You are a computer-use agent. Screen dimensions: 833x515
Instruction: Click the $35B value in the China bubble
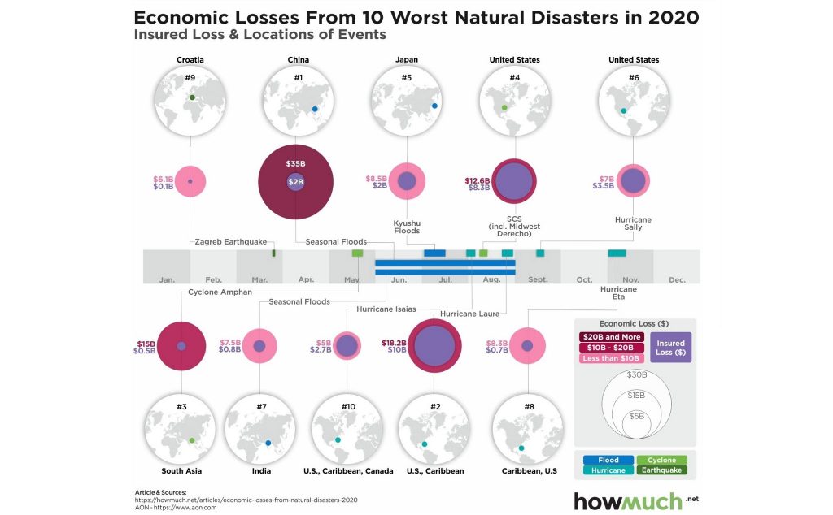[x=295, y=164]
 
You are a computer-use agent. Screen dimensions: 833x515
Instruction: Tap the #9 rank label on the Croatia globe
[x=190, y=77]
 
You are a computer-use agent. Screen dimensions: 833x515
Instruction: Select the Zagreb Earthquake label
[x=230, y=242]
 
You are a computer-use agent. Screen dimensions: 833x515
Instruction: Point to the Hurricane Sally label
[x=633, y=223]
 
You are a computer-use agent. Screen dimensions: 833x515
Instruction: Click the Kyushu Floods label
[x=407, y=227]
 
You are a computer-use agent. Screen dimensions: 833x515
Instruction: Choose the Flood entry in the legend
[x=608, y=460]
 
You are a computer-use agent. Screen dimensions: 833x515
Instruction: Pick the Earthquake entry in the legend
[x=661, y=470]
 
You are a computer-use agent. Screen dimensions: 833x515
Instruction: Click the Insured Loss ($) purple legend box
[x=670, y=348]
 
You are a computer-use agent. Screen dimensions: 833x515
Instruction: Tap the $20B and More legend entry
[x=612, y=337]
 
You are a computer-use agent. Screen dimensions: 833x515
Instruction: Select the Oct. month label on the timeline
[x=584, y=279]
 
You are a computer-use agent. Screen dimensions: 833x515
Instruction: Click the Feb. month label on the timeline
[x=214, y=279]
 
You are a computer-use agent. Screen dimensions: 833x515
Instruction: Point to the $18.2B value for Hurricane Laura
[x=395, y=343]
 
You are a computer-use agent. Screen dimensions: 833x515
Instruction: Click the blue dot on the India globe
[x=268, y=443]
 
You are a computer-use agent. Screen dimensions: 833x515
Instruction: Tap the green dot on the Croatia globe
[x=192, y=97]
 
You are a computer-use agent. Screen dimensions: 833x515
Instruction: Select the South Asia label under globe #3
[x=181, y=471]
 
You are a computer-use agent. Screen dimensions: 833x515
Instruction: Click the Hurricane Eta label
[x=618, y=292]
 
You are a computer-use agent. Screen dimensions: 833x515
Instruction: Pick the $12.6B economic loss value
[x=477, y=181]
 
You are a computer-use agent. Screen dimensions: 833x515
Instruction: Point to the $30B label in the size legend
[x=636, y=374]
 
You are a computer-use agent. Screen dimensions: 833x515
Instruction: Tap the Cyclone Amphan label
[x=220, y=292]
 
